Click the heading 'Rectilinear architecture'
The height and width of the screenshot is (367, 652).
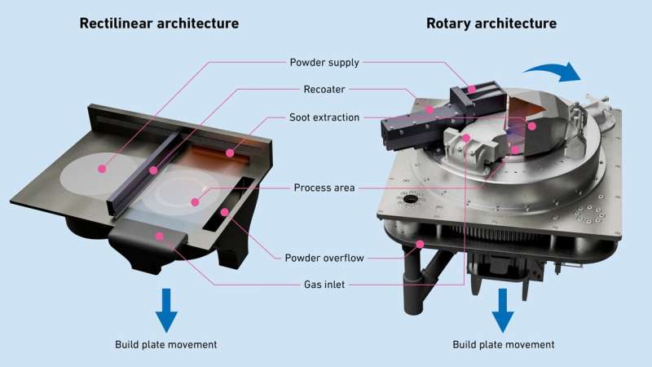coord(159,23)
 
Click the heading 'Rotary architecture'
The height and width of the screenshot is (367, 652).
coord(491,23)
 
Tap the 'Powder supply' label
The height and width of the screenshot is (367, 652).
coord(324,63)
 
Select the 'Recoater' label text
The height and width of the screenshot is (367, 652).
coord(324,91)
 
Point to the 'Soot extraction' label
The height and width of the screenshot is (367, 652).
coord(324,117)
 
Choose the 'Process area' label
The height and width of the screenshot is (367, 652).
coord(324,188)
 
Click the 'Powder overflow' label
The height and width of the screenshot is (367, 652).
coord(324,258)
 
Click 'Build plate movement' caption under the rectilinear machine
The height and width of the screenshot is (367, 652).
coord(166,344)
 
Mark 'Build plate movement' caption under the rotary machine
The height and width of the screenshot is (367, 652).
coord(504,344)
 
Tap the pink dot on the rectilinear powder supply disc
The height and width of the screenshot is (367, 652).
coord(102,170)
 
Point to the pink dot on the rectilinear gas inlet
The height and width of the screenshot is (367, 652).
coord(160,237)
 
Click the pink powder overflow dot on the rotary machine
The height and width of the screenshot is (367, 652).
coord(420,244)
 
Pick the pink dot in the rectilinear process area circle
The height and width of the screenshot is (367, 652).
coord(194,201)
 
